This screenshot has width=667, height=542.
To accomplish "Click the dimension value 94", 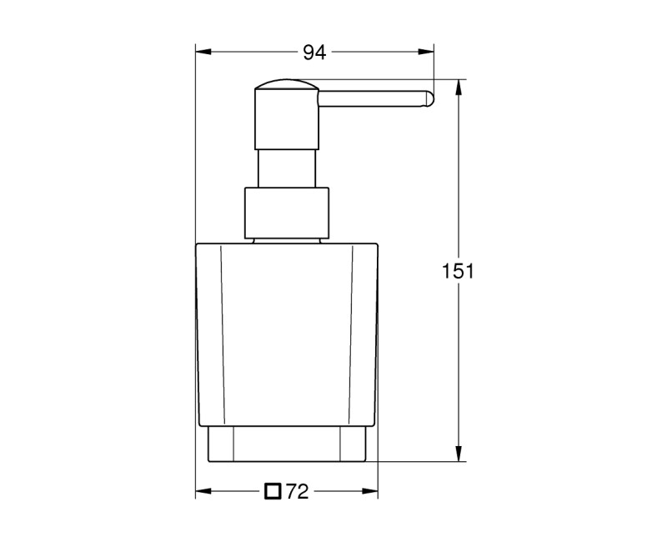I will point(313,53).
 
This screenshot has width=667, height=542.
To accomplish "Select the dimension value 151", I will point(458,271).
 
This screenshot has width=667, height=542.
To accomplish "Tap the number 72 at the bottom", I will point(298,491).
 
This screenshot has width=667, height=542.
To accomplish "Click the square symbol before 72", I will point(273,491).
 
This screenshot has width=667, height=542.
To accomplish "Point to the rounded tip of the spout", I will point(429,98).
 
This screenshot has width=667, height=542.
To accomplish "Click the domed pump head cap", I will point(287,85).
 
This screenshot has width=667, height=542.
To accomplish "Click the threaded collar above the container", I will point(287,213).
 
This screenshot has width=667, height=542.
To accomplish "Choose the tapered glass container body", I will point(287,334).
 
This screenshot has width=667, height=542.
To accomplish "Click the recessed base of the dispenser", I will point(287,444).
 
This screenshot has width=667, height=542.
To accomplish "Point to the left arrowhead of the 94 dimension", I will point(202,53).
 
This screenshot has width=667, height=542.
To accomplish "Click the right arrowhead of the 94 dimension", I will point(429,53).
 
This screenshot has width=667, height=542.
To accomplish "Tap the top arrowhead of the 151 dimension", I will point(458,86).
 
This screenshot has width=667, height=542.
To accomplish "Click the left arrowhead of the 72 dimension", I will point(202,491).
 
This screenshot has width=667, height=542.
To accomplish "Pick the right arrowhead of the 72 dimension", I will point(372,491).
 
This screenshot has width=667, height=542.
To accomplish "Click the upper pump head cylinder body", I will point(287,121).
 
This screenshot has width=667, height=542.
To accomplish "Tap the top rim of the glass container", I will point(287,243).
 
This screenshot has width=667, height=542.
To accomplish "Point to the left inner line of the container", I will point(222,334).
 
